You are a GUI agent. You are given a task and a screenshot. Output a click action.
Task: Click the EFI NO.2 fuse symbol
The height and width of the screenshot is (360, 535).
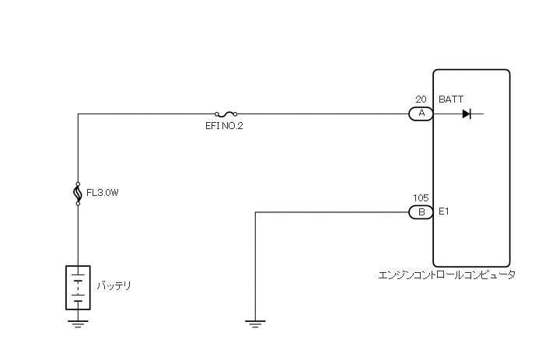point(225,114)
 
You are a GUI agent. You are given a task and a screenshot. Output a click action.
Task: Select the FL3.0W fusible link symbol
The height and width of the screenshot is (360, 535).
point(78,193)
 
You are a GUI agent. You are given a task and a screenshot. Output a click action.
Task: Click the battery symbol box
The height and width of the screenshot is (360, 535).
point(78,288)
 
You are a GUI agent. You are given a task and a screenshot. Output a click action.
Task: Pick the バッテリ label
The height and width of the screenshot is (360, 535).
point(114,286)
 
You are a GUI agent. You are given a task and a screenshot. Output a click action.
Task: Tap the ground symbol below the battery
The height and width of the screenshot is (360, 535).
point(78,322)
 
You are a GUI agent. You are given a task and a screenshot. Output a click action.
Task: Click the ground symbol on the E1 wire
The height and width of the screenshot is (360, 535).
point(255,322)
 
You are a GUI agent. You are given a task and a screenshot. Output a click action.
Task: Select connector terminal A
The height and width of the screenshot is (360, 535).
point(421,114)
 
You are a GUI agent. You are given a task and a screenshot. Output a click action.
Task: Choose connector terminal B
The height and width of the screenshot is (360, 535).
point(421,211)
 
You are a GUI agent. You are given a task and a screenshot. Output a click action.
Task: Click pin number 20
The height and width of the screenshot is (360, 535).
point(421,100)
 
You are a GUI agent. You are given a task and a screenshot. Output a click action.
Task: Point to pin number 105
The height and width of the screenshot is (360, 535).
point(421,198)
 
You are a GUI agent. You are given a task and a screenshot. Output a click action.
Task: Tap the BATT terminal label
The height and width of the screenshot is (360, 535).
point(451,100)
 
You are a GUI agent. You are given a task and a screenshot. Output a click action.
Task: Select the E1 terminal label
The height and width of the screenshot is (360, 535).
point(444,211)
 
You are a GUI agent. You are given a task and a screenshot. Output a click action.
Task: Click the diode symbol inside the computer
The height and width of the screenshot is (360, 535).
point(467,114)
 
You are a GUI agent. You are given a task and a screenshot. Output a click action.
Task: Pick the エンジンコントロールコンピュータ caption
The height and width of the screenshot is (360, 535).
point(446,275)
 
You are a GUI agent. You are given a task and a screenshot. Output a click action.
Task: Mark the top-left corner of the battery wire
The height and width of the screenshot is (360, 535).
point(78,114)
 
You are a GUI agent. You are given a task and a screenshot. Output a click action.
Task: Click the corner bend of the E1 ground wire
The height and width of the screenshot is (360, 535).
point(255,211)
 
